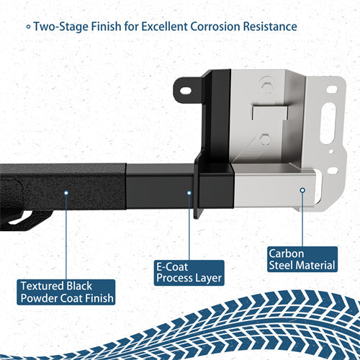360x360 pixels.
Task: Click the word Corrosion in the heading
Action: pos(215,27)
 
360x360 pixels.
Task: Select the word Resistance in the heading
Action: pos(269,27)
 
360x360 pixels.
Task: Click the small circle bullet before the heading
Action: pos(28,27)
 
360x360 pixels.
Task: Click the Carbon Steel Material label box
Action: pos(302,258)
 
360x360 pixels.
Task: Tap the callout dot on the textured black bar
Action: pos(66,192)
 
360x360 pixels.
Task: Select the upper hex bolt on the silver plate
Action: pos(268,87)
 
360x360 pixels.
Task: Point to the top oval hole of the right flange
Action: pos(332,89)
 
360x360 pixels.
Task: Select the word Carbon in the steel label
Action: pos(287,252)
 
